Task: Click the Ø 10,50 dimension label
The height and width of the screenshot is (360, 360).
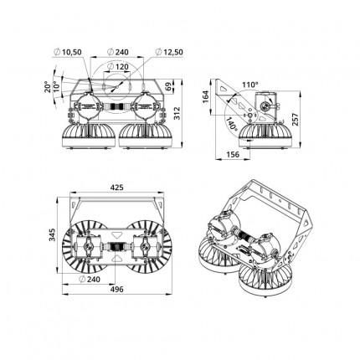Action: tap(68, 52)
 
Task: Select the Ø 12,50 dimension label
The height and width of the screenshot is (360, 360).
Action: tap(169, 52)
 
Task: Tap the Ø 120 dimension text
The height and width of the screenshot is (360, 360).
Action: tap(118, 67)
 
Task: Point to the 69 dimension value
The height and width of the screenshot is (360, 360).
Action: tap(168, 86)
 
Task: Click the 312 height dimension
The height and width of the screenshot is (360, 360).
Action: tap(177, 113)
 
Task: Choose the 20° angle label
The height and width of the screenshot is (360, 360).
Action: tap(48, 87)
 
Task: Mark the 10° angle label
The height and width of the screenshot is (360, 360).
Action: tap(56, 87)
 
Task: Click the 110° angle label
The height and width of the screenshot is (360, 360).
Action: tap(250, 85)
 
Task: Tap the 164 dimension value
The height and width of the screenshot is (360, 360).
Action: tap(205, 97)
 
